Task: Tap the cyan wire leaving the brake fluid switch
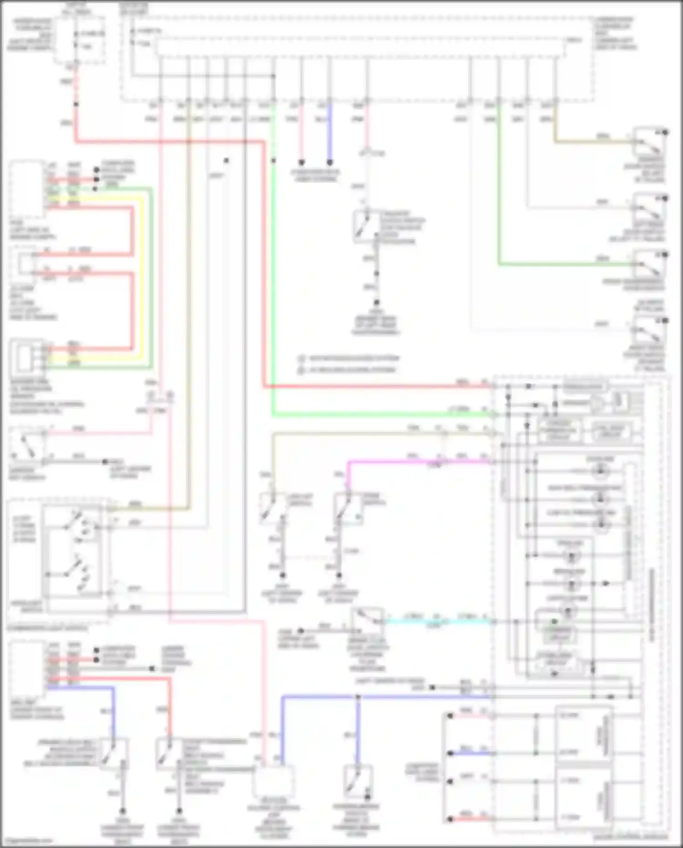pyautogui.click(x=437, y=621)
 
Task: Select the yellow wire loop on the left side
pyautogui.click(x=142, y=273)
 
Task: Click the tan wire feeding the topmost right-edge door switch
pyautogui.click(x=592, y=142)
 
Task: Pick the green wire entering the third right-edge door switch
pyautogui.click(x=565, y=264)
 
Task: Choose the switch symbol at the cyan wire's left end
pyautogui.click(x=367, y=620)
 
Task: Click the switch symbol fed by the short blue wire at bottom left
pyautogui.click(x=113, y=754)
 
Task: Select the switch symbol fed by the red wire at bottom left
pyautogui.click(x=168, y=754)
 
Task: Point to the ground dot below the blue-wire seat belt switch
pyautogui.click(x=122, y=812)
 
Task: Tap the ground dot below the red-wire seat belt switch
pyautogui.click(x=179, y=811)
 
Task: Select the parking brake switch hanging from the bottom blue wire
pyautogui.click(x=358, y=782)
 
